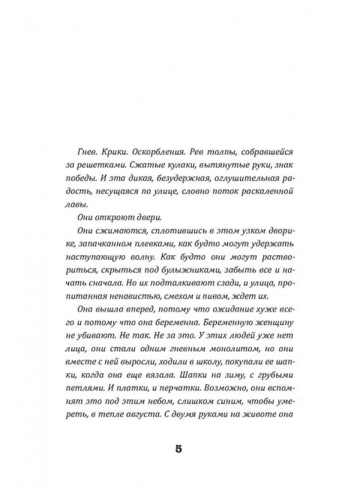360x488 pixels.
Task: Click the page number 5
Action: click(x=179, y=449)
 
